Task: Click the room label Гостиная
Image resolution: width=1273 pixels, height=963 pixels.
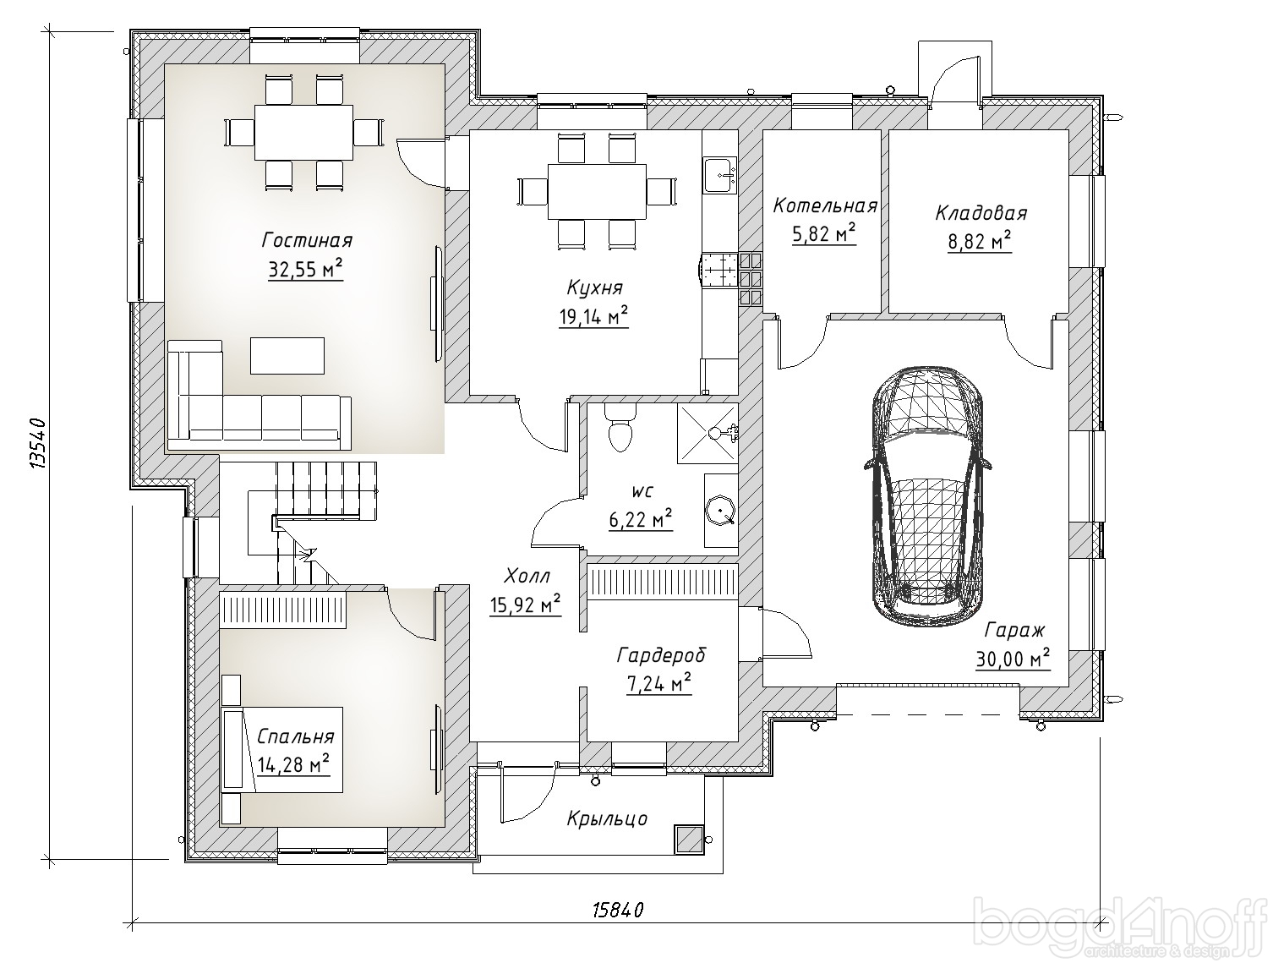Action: pos(308,240)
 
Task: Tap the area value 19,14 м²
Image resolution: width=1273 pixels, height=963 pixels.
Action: pos(593,317)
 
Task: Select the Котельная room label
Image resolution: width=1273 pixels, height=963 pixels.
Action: pos(825,206)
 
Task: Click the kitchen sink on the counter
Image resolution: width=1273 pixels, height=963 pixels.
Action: pos(720,174)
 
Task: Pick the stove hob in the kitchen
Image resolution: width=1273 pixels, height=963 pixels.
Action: pos(719,271)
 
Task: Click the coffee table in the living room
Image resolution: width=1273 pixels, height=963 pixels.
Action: pos(287,356)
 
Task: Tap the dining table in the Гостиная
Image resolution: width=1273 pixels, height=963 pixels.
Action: pos(304,132)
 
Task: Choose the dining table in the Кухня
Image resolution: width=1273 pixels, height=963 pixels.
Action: pos(598,191)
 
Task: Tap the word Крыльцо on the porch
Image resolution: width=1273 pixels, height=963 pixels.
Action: pos(607,818)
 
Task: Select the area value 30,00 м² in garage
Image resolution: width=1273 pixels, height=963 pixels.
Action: pos(1013,659)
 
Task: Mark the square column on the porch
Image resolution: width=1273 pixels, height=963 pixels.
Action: pos(688,839)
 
